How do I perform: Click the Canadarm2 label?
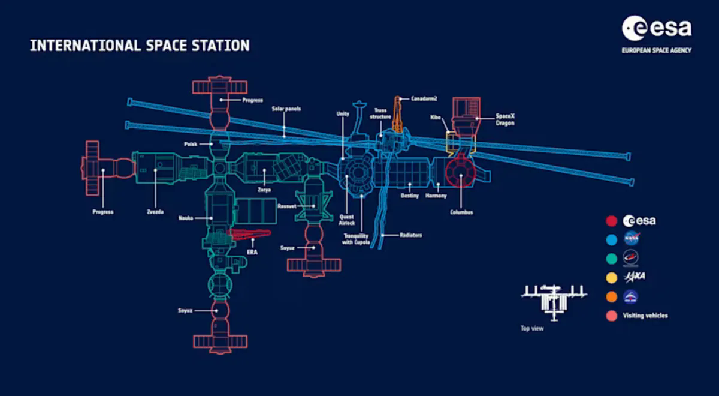coord(424,98)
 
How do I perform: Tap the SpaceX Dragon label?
coord(505,119)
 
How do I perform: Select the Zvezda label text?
coord(155,212)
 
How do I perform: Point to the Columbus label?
coord(461,212)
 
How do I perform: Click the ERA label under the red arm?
coord(252,252)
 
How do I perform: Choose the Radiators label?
coord(410,235)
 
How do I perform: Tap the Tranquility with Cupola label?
coord(356,239)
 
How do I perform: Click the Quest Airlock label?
coord(347,220)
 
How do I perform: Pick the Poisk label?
coord(191,144)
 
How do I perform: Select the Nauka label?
coord(186,218)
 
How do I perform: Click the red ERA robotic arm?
coord(249,235)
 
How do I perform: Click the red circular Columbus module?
coord(460,172)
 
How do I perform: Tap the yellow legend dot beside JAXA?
coord(612,278)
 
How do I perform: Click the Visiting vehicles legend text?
coord(645,316)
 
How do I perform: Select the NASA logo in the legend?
coord(632,239)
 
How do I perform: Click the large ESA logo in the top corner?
coord(657,34)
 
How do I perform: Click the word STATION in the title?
coord(220,46)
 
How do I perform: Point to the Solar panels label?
coord(286,109)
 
